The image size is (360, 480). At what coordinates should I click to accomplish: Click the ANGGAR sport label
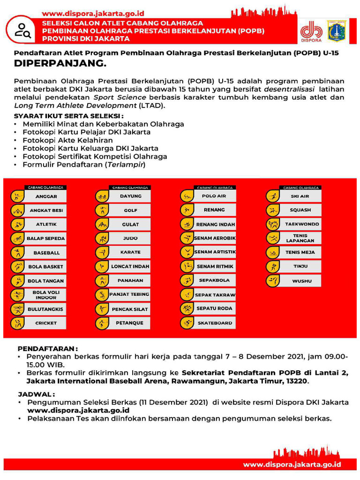(x=46, y=196)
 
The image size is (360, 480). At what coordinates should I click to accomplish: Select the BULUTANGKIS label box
(x=45, y=309)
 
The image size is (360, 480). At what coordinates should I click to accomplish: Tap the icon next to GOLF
(x=102, y=210)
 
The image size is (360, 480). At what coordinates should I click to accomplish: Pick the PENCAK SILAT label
(x=130, y=309)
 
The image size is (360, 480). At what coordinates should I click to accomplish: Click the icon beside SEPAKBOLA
(x=187, y=280)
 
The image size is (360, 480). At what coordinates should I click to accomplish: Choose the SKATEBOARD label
(x=215, y=323)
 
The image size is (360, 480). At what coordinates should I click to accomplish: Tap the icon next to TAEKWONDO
(x=272, y=224)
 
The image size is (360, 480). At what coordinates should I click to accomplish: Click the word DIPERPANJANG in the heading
(x=60, y=63)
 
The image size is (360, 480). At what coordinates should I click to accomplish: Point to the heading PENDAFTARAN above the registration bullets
(x=47, y=349)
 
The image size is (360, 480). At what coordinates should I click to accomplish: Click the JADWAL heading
(x=37, y=394)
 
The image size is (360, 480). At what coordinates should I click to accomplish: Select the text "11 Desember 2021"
(x=178, y=403)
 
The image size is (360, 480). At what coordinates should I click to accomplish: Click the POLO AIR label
(x=214, y=196)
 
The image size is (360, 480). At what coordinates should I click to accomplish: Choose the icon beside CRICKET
(x=17, y=323)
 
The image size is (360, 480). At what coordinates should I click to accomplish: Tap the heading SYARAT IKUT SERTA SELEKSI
(x=69, y=116)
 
